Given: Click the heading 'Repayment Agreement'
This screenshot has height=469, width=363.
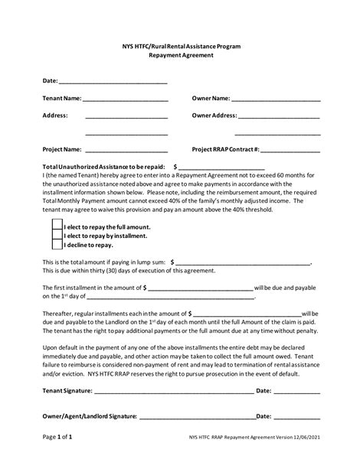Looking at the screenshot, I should tap(181, 56).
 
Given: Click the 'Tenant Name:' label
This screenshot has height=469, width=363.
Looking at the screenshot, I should tap(61, 99).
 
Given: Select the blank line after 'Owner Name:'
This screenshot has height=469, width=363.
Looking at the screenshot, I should tap(276, 100).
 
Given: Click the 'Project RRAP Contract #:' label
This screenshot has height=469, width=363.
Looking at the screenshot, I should tap(226, 149).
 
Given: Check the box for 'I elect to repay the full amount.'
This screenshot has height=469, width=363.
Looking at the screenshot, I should tap(57, 227).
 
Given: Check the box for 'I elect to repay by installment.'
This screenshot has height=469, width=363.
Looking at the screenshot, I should tap(57, 236).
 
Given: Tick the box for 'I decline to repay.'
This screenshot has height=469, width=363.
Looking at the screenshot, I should tap(57, 246).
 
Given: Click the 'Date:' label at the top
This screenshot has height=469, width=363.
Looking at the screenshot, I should tap(50, 80).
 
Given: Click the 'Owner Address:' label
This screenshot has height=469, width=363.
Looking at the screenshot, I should tap(214, 116).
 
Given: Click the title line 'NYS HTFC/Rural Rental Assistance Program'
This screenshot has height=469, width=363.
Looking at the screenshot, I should tap(181, 47).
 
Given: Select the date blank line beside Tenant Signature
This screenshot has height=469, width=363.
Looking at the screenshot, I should tap(296, 392).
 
